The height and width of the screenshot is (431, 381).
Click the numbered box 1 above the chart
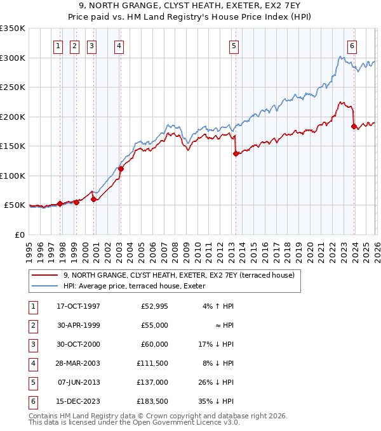(x=58, y=45)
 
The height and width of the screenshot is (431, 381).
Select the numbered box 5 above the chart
(x=234, y=45)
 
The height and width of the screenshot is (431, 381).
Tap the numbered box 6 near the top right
(x=352, y=45)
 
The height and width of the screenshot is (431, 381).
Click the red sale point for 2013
(x=235, y=153)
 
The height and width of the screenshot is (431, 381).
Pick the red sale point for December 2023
(x=354, y=126)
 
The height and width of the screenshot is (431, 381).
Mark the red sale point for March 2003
(x=121, y=169)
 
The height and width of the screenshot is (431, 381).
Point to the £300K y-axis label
(x=13, y=58)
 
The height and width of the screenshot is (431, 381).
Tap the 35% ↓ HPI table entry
(x=215, y=401)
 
